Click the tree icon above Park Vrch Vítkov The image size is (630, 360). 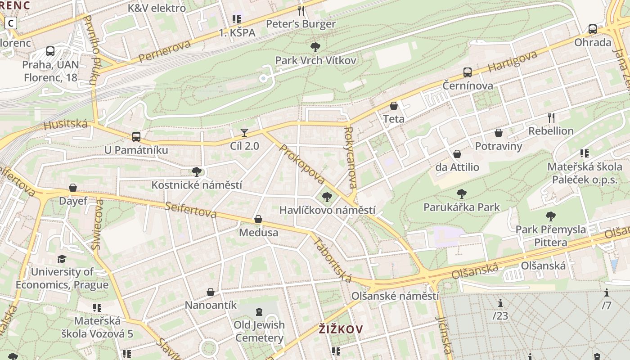tap(315, 47)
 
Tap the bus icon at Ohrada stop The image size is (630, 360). tap(593, 29)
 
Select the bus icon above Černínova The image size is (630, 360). tap(468, 72)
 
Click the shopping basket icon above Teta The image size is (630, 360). tap(394, 106)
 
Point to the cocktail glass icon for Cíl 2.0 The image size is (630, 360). tap(244, 132)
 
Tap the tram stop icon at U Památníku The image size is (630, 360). tap(136, 136)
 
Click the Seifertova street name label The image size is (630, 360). tap(190, 210)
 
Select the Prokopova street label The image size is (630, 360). tap(302, 164)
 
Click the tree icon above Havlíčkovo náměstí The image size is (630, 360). tap(327, 197)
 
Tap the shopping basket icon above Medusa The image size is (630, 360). tap(258, 219)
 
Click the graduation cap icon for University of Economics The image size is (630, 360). tap(62, 259)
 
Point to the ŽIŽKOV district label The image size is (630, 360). tap(341, 329)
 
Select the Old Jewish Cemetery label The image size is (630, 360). tap(259, 331)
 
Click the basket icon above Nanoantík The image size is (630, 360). tap(210, 292)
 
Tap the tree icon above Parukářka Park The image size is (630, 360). tap(461, 194)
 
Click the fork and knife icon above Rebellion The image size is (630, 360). tap(551, 118)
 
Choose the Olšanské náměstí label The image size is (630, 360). tap(395, 296)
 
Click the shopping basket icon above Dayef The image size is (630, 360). tap(73, 188)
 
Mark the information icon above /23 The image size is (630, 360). tap(500, 303)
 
